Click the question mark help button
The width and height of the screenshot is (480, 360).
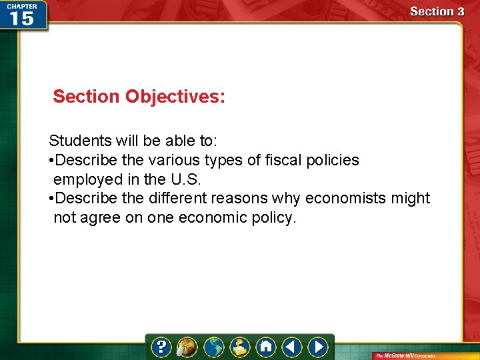161,347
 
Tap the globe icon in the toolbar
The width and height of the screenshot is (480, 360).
213,347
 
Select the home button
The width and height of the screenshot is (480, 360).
266,347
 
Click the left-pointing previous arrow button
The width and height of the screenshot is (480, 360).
292,347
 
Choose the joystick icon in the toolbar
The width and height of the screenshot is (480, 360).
240,347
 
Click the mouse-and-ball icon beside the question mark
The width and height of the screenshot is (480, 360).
187,347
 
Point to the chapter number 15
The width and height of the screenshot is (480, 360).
23,18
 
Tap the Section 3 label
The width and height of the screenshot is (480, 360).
437,11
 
